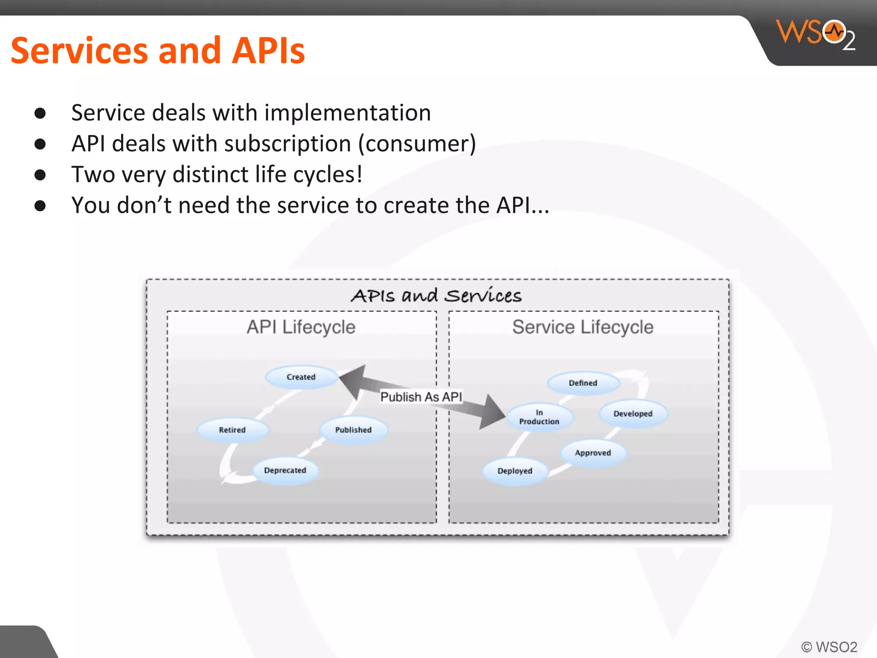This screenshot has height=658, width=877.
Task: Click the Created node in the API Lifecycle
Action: click(x=301, y=377)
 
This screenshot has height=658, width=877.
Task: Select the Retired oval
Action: click(x=232, y=430)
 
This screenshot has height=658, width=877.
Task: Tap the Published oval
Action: click(x=353, y=430)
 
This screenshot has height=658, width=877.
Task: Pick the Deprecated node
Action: click(x=285, y=470)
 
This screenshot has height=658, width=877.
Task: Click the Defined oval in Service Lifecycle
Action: click(x=583, y=383)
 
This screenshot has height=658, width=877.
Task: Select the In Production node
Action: click(x=539, y=417)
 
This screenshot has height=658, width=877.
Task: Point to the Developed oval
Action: click(x=633, y=414)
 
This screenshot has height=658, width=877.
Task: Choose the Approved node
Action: click(x=593, y=453)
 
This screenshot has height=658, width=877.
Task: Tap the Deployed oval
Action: click(x=515, y=471)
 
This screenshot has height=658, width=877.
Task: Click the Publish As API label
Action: click(x=421, y=397)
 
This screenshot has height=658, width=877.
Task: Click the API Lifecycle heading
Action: click(x=301, y=327)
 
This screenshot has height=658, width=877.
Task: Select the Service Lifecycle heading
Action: click(x=583, y=327)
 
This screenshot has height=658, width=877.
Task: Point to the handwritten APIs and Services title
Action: click(x=436, y=296)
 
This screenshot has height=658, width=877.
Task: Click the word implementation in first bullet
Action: click(x=347, y=113)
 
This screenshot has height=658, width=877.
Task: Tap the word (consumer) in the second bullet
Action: click(x=417, y=144)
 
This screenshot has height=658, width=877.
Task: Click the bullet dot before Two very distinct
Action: click(x=40, y=175)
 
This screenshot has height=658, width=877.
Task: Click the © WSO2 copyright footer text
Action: click(x=829, y=647)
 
